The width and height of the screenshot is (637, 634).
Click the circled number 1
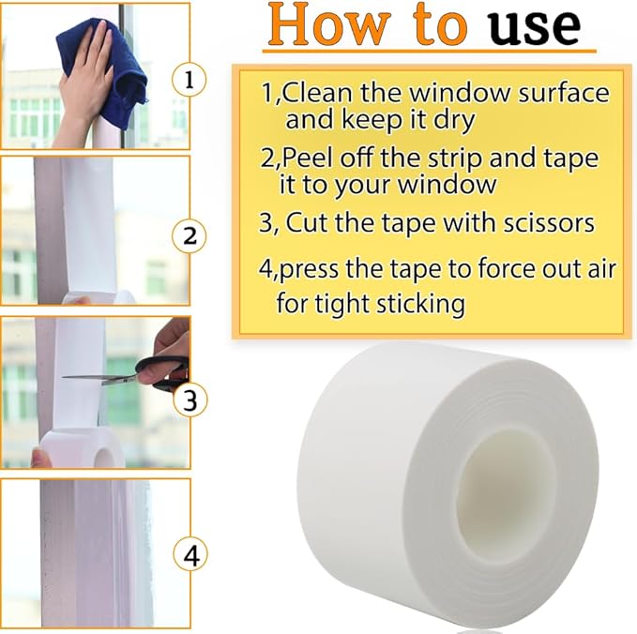[190, 81]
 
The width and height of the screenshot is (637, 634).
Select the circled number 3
[190, 401]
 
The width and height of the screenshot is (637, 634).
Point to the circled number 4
[190, 556]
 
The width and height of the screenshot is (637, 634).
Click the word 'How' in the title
[322, 28]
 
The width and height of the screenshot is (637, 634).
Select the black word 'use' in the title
[535, 28]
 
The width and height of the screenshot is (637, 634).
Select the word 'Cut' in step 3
[305, 223]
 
